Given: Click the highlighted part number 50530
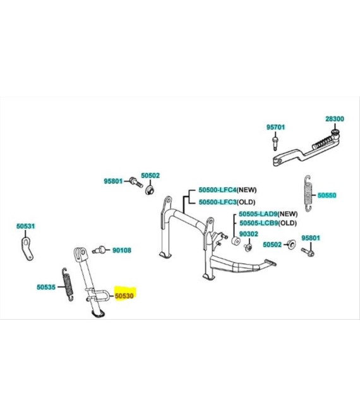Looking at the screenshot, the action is (124, 296).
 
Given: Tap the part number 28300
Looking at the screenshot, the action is (335, 119).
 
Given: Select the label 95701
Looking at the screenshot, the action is (275, 127).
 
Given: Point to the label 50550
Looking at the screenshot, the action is (327, 195).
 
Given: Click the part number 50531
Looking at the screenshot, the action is (25, 226).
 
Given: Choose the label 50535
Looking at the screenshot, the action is (46, 287).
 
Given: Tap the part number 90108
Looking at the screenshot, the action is (121, 250).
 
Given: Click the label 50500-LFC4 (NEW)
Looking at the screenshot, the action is (227, 190).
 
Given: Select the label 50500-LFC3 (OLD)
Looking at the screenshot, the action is (227, 202).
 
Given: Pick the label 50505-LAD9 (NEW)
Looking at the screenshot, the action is (268, 214).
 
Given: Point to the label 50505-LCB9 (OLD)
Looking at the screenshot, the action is (268, 223).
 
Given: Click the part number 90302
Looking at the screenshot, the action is (249, 234).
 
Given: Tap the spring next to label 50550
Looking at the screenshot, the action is (308, 193).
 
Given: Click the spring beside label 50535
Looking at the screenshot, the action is (68, 284).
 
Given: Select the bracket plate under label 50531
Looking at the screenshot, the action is (27, 249).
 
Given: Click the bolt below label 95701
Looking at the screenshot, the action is (275, 143).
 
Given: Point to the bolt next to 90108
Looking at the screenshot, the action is (98, 250).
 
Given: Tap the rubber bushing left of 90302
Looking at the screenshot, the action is (236, 241).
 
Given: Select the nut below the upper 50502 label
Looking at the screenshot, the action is (150, 190).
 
